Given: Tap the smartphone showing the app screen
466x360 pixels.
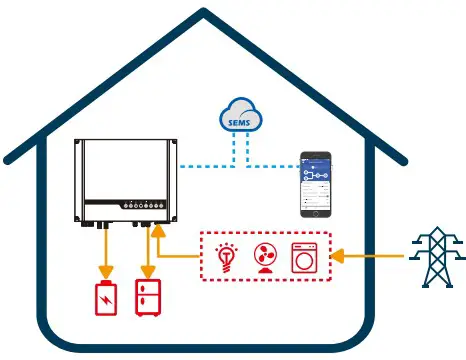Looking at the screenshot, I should (x=317, y=185).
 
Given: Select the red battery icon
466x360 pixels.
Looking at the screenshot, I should (x=104, y=300).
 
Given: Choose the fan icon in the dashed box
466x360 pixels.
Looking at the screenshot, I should (x=265, y=256).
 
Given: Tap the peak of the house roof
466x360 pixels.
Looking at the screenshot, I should (x=203, y=14).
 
